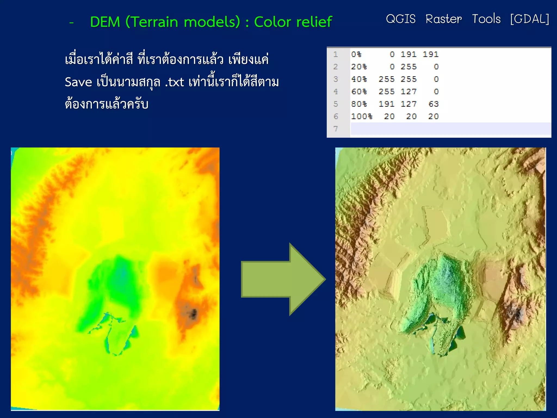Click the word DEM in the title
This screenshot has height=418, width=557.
click(105, 22)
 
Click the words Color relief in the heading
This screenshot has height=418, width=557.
click(293, 22)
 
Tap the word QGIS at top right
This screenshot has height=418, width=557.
click(401, 19)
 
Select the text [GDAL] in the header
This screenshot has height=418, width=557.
click(530, 19)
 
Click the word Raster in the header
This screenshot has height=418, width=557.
click(444, 19)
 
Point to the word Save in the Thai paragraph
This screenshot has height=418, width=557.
click(78, 82)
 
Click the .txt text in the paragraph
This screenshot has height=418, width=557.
click(175, 82)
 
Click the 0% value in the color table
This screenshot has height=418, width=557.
click(356, 54)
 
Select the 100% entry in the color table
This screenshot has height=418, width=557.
click(361, 116)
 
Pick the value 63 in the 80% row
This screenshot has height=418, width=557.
click(434, 104)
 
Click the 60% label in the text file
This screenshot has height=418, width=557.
click(359, 92)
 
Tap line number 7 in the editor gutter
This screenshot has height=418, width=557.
click(336, 129)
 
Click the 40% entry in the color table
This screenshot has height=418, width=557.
click(359, 79)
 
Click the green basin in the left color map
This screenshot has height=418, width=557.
click(120, 278)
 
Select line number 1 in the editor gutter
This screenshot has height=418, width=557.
click(336, 54)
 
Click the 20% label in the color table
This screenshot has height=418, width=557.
click(359, 67)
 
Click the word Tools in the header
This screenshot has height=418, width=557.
click(486, 19)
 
